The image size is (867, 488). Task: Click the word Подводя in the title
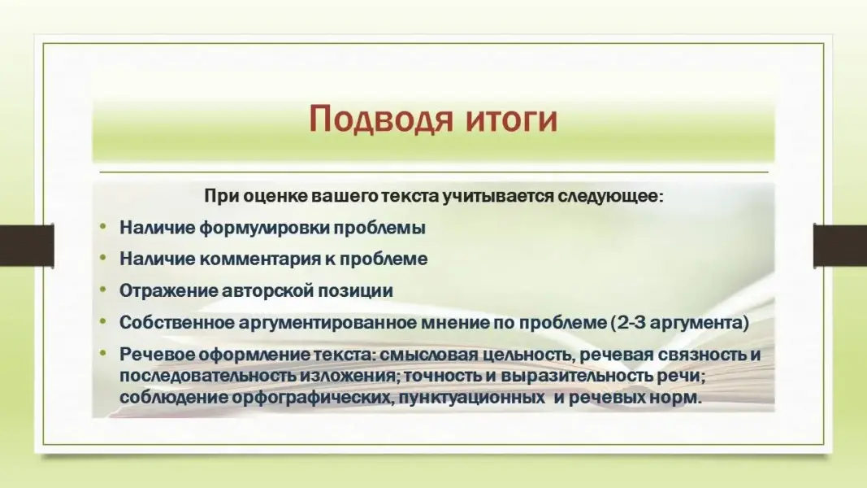click(380, 119)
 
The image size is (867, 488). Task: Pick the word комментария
click(258, 259)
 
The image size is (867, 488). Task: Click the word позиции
click(355, 291)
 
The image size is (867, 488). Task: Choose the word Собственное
click(176, 323)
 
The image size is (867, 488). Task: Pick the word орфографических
click(313, 398)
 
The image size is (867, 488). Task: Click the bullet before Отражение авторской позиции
click(103, 290)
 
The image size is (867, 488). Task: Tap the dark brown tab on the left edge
click(27, 246)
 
